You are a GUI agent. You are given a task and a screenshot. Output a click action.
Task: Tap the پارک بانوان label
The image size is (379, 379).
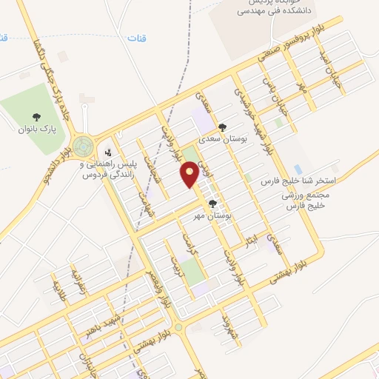37,129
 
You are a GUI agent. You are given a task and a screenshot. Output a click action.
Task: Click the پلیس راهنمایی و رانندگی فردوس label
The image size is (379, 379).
110,170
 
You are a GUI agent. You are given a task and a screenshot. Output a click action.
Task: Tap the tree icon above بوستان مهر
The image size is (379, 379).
213,204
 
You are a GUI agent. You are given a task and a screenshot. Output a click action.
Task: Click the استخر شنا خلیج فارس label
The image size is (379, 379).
300,181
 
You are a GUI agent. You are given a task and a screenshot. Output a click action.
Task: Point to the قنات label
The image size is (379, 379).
137,37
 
